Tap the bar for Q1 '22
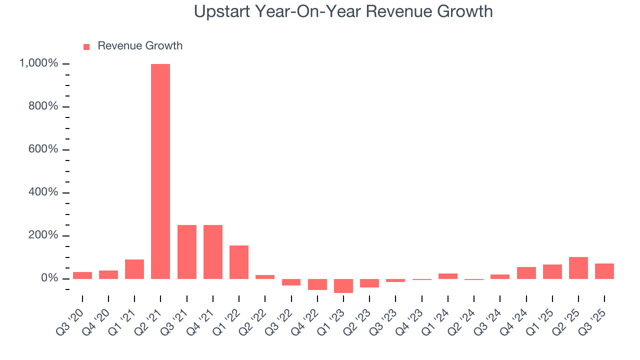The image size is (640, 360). point(239,262)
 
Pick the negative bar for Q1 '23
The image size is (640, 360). point(343,286)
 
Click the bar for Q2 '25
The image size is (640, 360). point(578,268)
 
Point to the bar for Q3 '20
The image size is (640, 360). point(82,275)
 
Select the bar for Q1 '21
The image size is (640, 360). point(134,269)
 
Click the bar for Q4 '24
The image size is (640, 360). point(526,273)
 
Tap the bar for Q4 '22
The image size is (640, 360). point(317,284)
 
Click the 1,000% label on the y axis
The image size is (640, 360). point(38,63)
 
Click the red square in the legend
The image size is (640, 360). point(86,46)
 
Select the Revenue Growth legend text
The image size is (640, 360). point(140,46)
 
